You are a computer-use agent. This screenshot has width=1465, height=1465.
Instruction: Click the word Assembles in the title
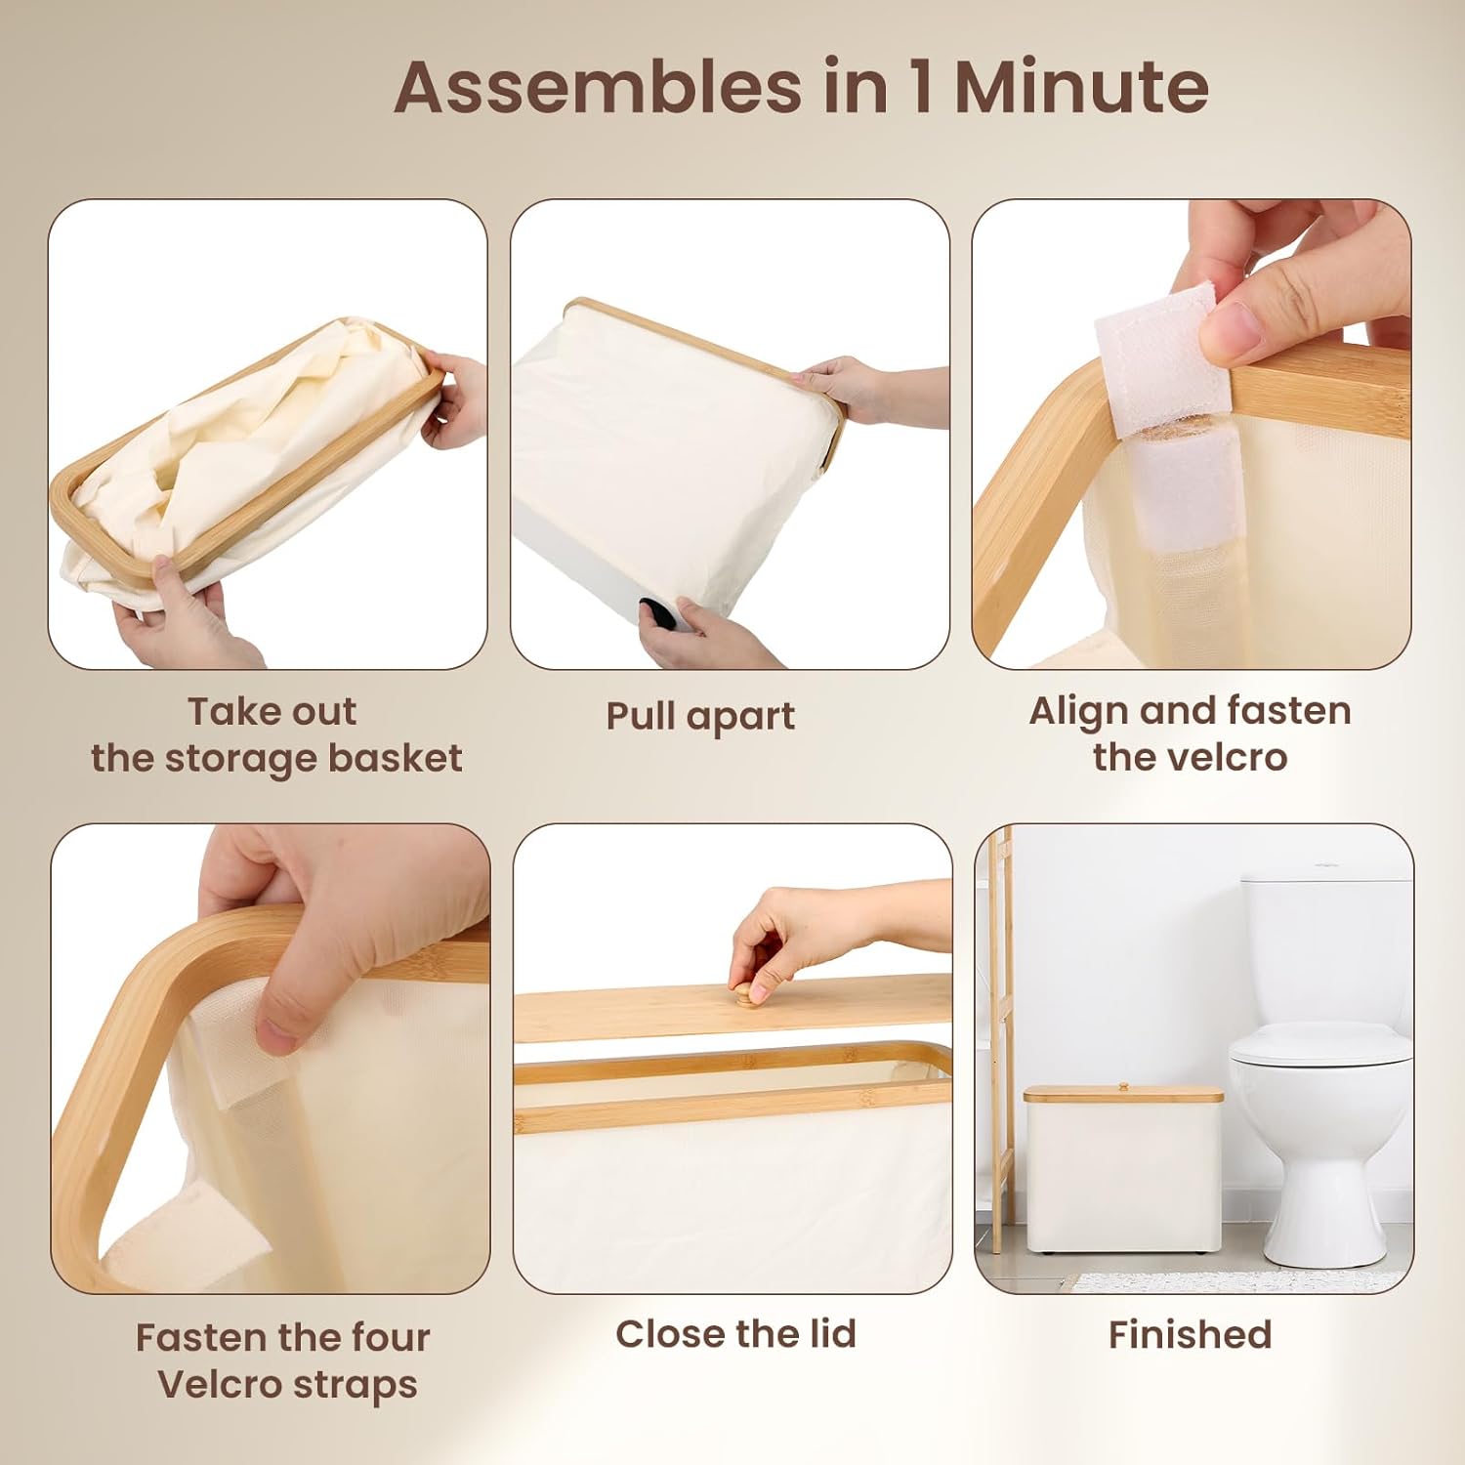coord(599,87)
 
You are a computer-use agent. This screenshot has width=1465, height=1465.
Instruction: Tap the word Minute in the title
coord(1081,87)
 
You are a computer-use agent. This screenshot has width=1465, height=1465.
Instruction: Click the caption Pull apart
coord(700,716)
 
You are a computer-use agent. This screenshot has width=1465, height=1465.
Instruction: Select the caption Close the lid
coord(735,1333)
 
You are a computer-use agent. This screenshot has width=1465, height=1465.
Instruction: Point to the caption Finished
coord(1190,1334)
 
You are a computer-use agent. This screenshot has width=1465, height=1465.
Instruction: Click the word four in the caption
coord(389,1337)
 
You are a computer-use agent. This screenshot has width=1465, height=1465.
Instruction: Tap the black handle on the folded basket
coord(658,613)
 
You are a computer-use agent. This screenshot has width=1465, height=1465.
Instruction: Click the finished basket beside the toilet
coord(1123,1168)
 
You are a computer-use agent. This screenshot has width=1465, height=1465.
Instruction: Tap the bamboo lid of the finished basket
coord(1123,1094)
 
